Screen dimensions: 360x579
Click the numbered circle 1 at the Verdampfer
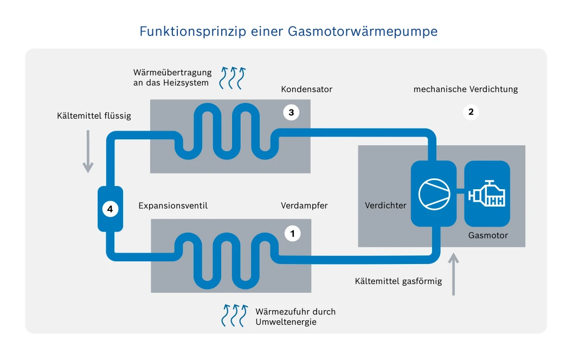(x=292, y=234)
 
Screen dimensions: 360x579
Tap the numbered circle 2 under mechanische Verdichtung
(x=471, y=112)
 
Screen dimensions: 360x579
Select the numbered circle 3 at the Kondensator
(x=291, y=112)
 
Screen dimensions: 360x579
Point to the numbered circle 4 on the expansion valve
(x=110, y=209)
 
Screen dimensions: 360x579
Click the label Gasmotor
(x=488, y=235)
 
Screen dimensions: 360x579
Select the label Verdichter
(x=385, y=205)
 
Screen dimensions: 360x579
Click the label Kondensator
(x=306, y=89)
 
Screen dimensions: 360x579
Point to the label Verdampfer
(x=304, y=205)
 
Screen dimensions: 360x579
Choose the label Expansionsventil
(x=173, y=205)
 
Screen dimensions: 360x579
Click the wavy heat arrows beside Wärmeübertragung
(x=232, y=77)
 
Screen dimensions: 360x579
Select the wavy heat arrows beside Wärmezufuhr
(x=234, y=316)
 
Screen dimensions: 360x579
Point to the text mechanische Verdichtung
(x=465, y=89)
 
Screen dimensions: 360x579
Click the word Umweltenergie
(x=286, y=322)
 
